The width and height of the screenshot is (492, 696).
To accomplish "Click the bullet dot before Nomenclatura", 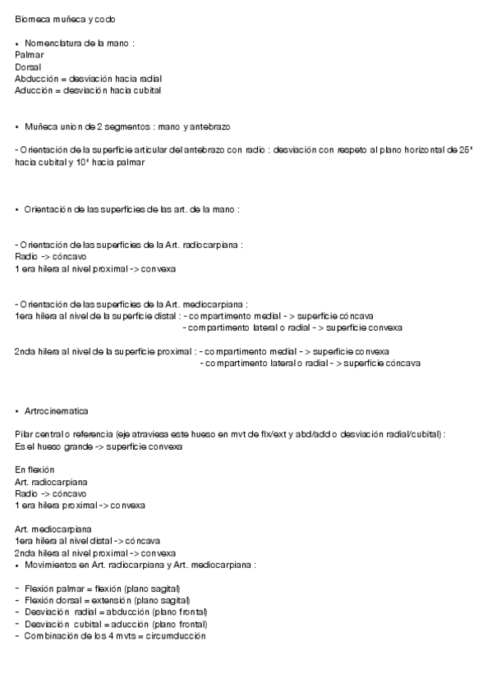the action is click(17, 43).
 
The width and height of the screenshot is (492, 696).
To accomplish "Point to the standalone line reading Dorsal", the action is click(28, 66).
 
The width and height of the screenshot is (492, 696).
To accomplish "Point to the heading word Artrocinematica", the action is click(57, 410).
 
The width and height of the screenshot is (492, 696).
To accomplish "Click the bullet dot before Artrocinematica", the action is click(17, 410).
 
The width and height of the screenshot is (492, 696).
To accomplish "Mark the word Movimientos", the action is click(53, 565).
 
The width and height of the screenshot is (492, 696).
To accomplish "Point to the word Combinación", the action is click(53, 636).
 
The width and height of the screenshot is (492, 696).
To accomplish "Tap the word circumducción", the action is click(172, 636).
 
